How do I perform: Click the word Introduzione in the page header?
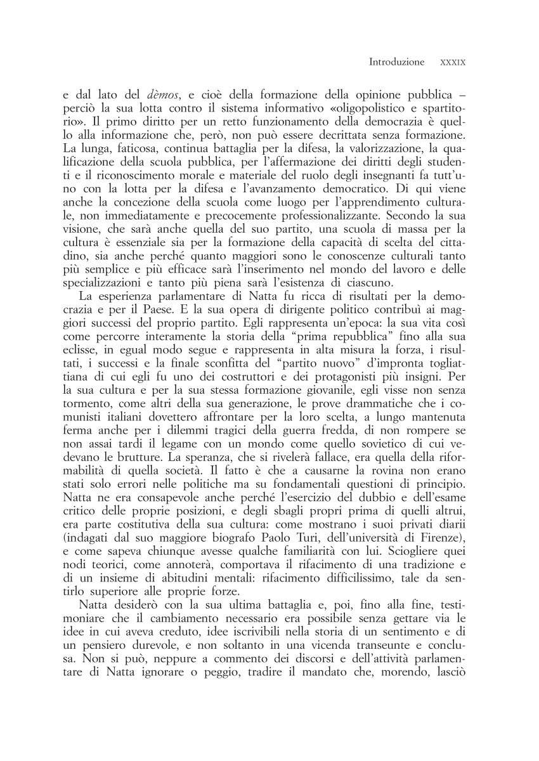point(396,62)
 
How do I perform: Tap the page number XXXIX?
point(453,63)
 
